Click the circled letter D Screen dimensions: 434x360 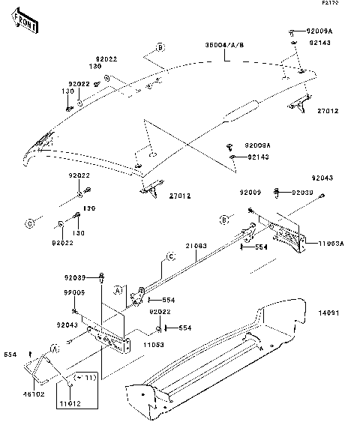coord(31,223)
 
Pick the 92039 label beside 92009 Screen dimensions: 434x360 coord(303,193)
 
